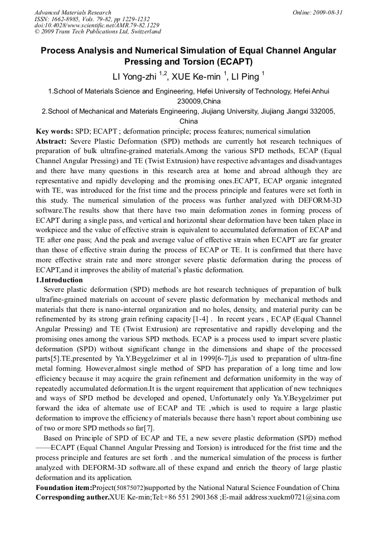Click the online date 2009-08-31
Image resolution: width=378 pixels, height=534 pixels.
(x=328, y=12)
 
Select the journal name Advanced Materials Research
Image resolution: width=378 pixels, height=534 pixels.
(x=72, y=12)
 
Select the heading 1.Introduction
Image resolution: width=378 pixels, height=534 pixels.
(x=59, y=280)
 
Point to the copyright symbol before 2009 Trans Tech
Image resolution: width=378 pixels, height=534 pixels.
(x=37, y=32)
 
